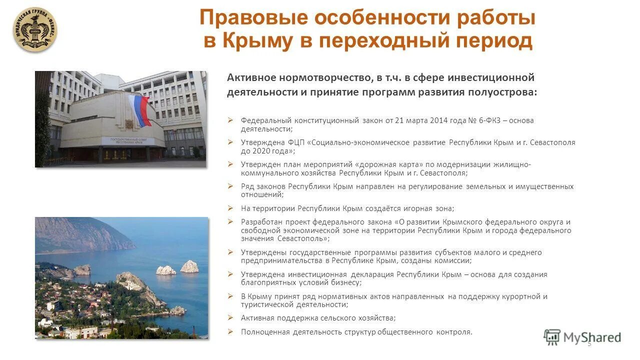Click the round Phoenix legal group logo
(35, 29)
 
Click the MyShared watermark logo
(582, 337)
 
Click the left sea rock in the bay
(166, 270)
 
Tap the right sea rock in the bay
(189, 266)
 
